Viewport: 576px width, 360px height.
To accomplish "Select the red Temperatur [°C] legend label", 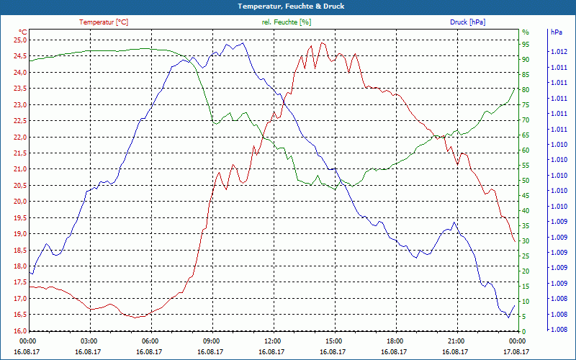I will click(x=104, y=22).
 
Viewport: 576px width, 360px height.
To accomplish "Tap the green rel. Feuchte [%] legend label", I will click(x=287, y=22).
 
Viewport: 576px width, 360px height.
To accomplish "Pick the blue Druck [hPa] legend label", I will click(x=467, y=22).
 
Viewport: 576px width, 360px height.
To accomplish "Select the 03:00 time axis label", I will click(x=89, y=341).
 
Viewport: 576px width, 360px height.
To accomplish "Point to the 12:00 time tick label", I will click(x=273, y=341).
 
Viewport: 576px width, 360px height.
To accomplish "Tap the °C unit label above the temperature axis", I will click(x=22, y=32).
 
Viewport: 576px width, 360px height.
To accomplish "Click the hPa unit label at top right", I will click(x=556, y=32).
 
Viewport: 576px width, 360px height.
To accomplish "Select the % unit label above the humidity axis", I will click(x=526, y=32).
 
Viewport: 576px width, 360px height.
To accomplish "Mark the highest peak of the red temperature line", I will click(x=322, y=42).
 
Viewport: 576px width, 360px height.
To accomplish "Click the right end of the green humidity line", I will click(x=515, y=88).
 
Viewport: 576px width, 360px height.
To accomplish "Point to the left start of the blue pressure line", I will click(x=30, y=272).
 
